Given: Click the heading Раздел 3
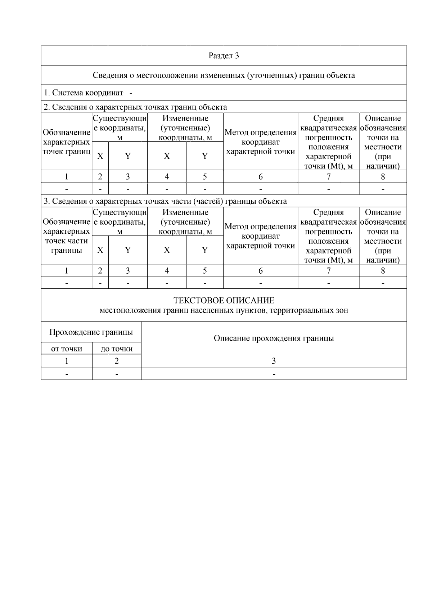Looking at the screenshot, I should point(224,56).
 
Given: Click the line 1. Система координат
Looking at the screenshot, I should point(84,93).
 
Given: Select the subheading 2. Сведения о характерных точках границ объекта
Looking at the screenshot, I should point(135,107).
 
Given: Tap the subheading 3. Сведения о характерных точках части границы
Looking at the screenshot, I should point(165,201).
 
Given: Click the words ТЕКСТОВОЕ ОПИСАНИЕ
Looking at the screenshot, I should point(224,300).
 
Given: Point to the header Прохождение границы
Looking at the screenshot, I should point(91,332).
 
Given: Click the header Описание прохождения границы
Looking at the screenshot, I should point(274,338).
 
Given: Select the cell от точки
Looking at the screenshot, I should point(67,349).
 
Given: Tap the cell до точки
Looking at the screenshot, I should point(117,349).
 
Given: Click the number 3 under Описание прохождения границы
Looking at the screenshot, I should point(274,361).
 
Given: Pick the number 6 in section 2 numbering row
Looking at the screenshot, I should point(260,176).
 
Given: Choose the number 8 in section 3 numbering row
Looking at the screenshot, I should point(383,271).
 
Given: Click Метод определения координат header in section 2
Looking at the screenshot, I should point(260,142).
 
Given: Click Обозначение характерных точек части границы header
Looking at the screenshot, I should point(66,236).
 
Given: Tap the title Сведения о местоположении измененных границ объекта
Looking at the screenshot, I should point(224,75).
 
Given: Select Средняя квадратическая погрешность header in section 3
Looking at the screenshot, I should point(328,236).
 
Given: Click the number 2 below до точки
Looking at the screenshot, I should point(117,361).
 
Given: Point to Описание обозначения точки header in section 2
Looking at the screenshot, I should point(383,142).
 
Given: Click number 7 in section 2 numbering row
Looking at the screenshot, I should point(328,176).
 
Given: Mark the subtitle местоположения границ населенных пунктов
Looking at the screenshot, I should point(224,310).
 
